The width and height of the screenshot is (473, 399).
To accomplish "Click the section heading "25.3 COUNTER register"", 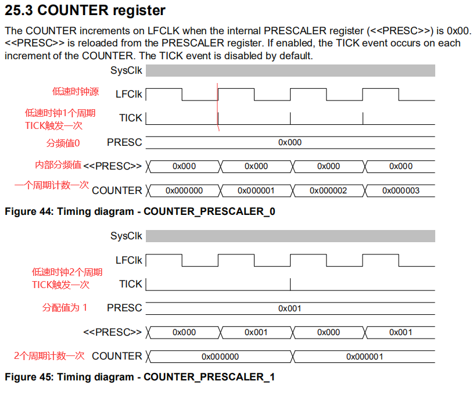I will coord(85,10).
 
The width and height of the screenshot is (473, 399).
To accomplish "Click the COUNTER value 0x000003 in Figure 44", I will coord(400,190).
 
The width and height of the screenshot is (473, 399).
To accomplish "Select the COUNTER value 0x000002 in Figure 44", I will coord(328,190).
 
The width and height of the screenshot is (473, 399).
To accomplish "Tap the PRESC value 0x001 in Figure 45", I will coord(289,308).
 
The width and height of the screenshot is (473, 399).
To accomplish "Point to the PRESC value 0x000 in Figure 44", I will coord(289,142).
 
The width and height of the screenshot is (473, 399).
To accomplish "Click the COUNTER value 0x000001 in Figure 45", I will coord(364,357).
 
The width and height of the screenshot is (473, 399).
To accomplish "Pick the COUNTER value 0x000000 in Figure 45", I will coord(220,357).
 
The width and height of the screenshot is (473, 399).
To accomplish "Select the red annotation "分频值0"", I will coord(63,143).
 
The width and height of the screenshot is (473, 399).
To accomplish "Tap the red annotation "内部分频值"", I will coord(58,165).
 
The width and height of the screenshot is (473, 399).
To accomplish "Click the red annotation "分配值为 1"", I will coord(64,307).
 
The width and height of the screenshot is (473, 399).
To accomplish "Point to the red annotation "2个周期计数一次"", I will coord(49,355).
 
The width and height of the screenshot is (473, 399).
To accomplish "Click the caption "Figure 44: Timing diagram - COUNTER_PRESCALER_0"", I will coord(140,211).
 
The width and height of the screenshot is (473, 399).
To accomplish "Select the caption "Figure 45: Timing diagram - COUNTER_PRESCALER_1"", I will coord(140,377).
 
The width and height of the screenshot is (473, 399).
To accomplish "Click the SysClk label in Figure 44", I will coord(126,71).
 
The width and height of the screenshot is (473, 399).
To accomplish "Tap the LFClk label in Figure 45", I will coord(128,260).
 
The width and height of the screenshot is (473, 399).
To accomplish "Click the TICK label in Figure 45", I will coord(130,284).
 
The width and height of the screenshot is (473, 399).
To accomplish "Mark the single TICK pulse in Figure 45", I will coord(290,283).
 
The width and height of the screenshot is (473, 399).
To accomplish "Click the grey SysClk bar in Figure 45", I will coord(290,236).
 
